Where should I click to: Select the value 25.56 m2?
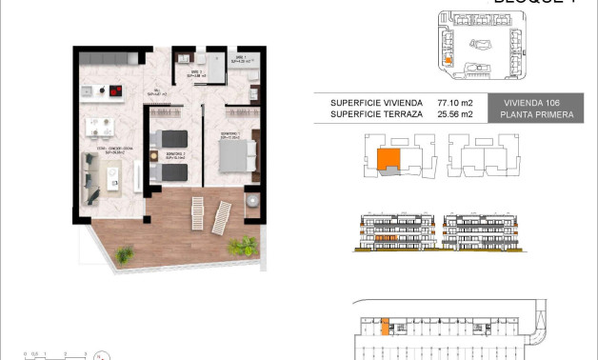pyautogui.click(x=453, y=114)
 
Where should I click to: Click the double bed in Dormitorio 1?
pyautogui.click(x=238, y=153)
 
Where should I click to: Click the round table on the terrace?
pyautogui.click(x=252, y=203)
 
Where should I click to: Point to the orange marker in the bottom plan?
pyautogui.click(x=384, y=329)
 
